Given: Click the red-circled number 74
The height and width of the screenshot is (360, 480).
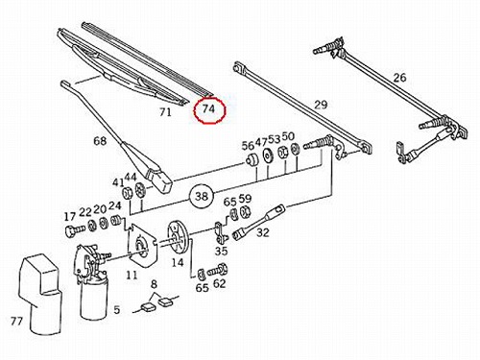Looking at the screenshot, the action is (x=208, y=109).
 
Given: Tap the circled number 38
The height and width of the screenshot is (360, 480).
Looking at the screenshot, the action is (x=202, y=196).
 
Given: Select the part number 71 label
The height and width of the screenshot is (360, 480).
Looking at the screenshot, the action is (x=165, y=112).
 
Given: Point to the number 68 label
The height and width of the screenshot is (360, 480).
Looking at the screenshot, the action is (x=100, y=140).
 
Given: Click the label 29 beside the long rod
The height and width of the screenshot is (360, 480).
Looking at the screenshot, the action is (x=321, y=105).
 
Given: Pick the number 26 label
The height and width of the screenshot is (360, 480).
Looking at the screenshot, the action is (x=399, y=78).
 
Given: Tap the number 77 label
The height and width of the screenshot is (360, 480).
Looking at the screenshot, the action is (x=16, y=321).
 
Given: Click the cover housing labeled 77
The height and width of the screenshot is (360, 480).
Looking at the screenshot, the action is (x=41, y=294).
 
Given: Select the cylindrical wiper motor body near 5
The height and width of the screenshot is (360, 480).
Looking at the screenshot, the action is (x=94, y=298).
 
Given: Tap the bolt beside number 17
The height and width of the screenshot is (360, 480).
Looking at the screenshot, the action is (x=75, y=230).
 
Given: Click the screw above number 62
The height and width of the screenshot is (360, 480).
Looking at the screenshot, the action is (x=218, y=271).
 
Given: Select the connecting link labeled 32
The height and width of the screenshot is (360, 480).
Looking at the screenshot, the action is (x=260, y=221).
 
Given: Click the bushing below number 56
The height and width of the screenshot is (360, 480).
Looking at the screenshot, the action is (x=252, y=160).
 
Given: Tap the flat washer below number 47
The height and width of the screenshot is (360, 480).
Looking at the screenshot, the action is (x=267, y=156).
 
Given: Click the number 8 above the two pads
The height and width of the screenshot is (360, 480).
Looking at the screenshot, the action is (x=154, y=284).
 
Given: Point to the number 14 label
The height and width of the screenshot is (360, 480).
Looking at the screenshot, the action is (x=178, y=263).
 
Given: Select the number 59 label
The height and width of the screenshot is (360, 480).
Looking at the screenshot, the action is (x=246, y=199).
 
